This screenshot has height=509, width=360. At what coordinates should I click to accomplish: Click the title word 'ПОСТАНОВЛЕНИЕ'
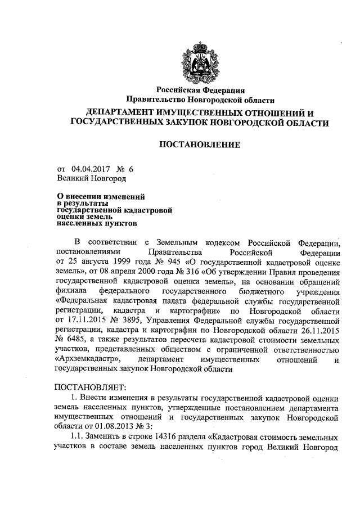point(200,145)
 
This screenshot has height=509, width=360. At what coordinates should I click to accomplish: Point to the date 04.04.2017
point(91,168)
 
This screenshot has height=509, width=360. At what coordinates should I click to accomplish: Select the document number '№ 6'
point(125,168)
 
